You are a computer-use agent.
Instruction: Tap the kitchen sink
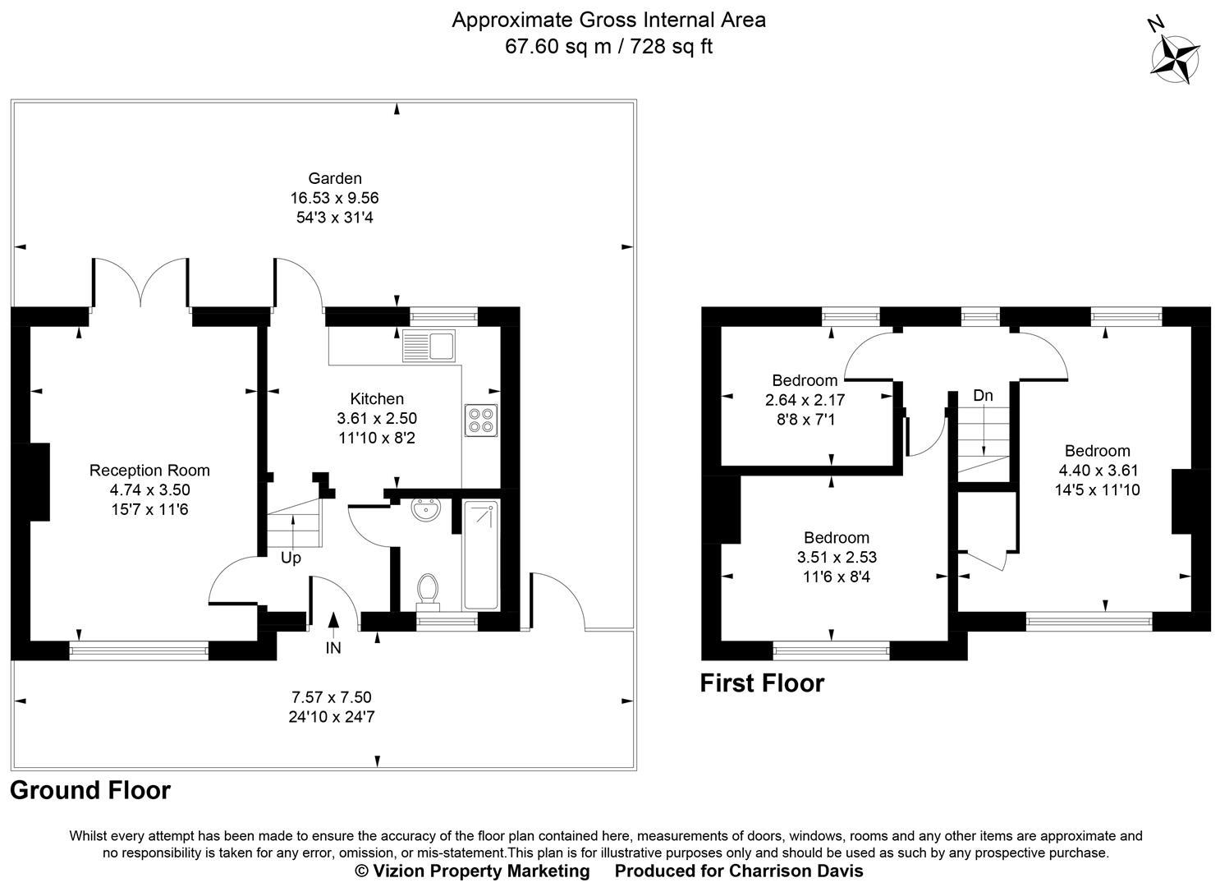[429, 346]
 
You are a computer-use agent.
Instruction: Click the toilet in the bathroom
[427, 590]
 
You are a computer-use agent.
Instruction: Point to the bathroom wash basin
[426, 510]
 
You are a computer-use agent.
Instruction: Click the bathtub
[479, 555]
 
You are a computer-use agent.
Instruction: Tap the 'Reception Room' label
[149, 470]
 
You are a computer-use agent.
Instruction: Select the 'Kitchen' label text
[377, 399]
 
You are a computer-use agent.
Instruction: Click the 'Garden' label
[334, 178]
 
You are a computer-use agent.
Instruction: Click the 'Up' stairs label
[291, 558]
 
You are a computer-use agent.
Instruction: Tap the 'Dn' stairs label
[983, 396]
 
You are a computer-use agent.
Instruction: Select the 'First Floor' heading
[761, 683]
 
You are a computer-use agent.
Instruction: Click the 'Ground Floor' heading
[90, 790]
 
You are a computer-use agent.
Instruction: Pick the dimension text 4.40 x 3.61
[1097, 471]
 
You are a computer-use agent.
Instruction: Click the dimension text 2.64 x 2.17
[805, 400]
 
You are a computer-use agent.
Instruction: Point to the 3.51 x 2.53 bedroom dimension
[836, 557]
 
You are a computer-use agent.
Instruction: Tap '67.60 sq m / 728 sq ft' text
[608, 46]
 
